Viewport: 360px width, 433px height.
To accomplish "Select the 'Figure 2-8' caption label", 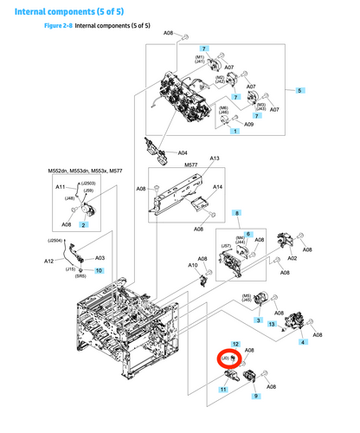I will [x=58, y=27].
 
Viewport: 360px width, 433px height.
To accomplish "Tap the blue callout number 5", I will [x=299, y=91].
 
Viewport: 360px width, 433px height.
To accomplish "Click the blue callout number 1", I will [x=235, y=130].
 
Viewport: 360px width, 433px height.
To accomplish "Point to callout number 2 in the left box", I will [x=83, y=224].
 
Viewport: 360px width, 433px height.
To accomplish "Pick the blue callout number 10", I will [x=98, y=269].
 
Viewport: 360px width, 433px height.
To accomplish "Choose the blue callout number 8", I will [x=237, y=213].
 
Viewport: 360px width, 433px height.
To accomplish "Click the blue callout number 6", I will [x=247, y=234].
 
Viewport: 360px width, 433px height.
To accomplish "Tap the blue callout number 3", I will [x=257, y=320].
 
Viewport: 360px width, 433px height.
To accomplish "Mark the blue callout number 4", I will [x=302, y=343].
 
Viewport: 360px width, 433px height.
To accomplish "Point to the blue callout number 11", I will [x=223, y=391].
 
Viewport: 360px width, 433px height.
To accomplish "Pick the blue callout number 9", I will [x=255, y=396].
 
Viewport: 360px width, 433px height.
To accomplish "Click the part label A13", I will [x=215, y=158].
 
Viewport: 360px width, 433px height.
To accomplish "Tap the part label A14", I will [x=217, y=187].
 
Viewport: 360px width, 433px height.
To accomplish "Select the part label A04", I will [x=183, y=153].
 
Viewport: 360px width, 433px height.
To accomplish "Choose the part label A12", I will [x=48, y=261].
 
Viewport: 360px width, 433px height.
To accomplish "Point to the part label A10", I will [x=191, y=265].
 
